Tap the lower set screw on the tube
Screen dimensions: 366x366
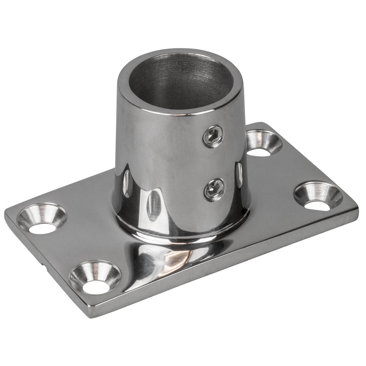[x=214, y=189]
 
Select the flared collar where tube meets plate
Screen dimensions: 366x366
[x=183, y=231]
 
